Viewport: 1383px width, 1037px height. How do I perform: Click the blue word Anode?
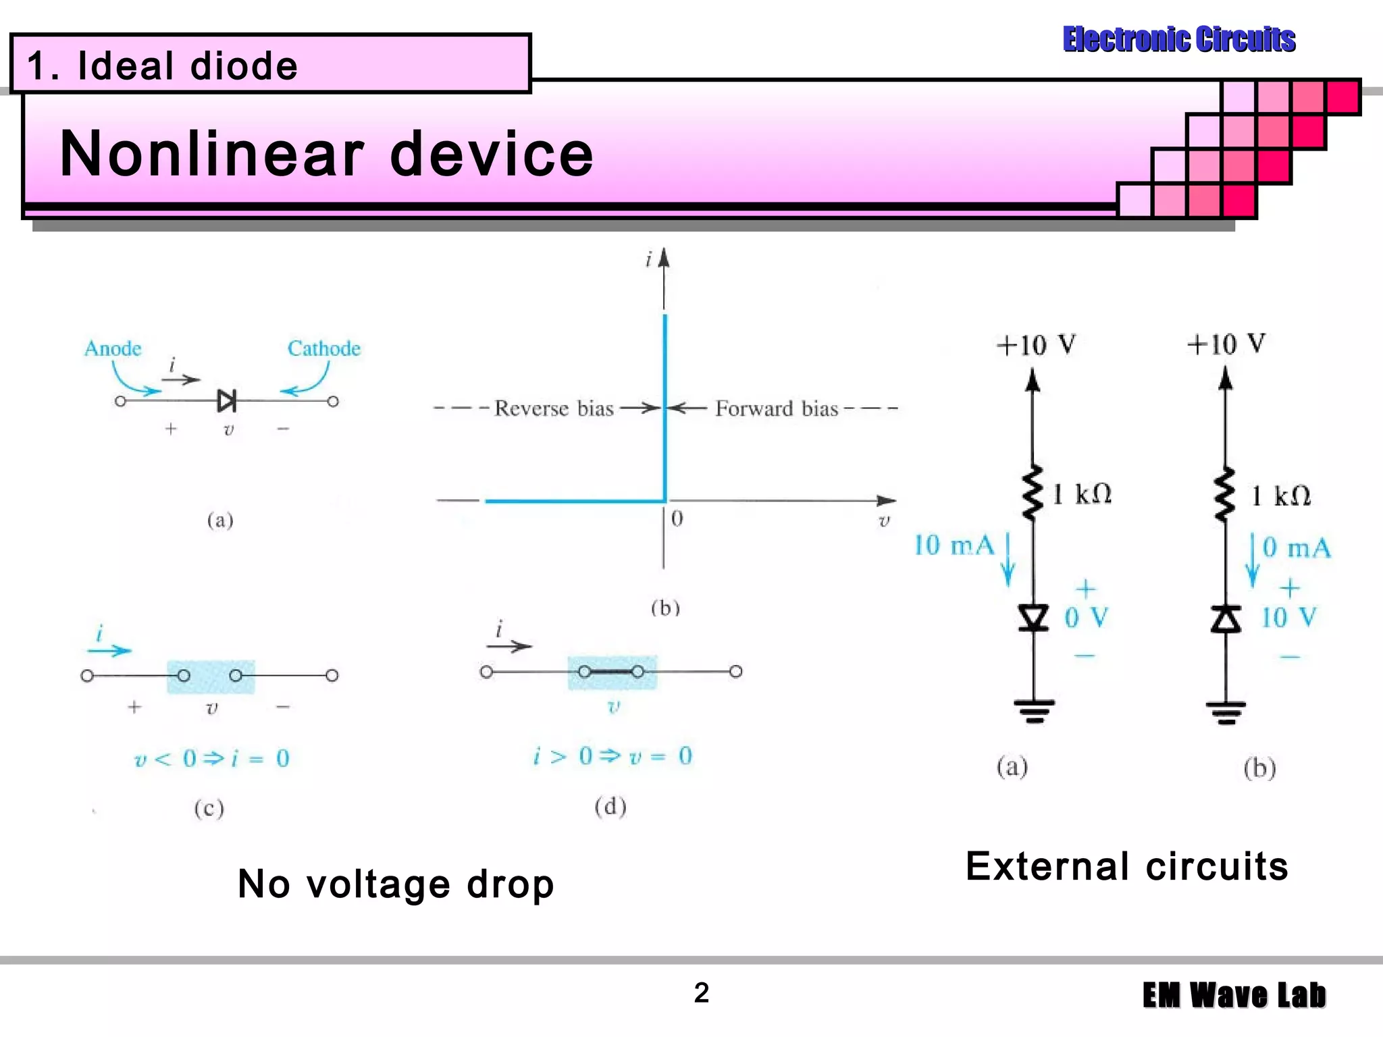click(113, 348)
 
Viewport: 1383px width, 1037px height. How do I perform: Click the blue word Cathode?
click(324, 348)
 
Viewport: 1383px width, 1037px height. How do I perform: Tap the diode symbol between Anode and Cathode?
click(227, 401)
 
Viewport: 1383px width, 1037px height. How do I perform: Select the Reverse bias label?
click(554, 408)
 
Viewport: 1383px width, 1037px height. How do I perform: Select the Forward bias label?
click(777, 408)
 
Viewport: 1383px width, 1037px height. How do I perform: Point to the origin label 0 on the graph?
click(677, 518)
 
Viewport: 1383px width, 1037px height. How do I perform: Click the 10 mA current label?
click(954, 546)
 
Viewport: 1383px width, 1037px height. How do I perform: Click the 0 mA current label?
click(1297, 548)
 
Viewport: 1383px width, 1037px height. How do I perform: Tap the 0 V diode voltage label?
click(1086, 617)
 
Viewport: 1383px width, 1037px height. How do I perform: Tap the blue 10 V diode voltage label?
click(1288, 617)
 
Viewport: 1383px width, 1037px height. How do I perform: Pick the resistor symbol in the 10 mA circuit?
click(1033, 493)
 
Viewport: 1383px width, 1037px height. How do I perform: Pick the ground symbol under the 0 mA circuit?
click(1226, 711)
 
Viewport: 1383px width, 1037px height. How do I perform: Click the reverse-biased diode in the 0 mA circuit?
click(1226, 618)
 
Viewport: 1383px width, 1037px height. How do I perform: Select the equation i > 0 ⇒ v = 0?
click(612, 756)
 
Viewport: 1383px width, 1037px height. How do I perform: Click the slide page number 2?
click(702, 992)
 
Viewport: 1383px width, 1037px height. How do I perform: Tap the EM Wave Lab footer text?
click(1234, 995)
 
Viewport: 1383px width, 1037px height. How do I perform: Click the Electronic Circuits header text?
click(1179, 39)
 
